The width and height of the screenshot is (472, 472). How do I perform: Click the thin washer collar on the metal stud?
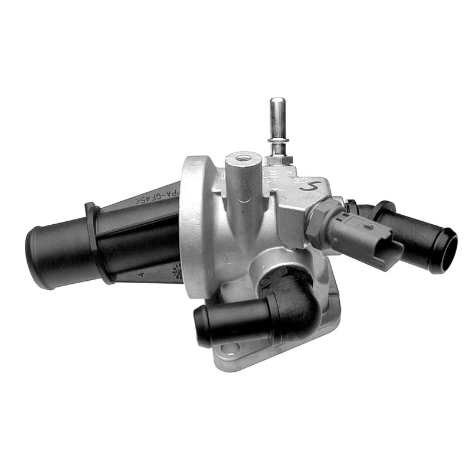pos(276,140)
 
